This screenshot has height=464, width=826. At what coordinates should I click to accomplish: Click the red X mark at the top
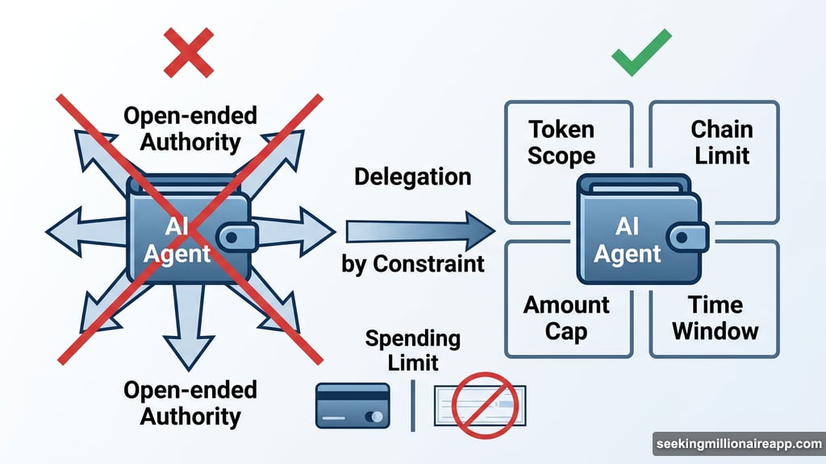[189, 52]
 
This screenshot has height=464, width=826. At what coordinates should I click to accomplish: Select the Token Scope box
[561, 142]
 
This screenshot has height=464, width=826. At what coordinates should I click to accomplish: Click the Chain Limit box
[721, 142]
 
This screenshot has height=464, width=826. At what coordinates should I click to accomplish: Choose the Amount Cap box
[565, 317]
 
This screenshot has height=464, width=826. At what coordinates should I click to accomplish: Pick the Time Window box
[715, 317]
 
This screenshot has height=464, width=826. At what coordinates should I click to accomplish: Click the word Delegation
[412, 176]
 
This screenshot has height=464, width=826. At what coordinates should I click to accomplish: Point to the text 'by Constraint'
[412, 263]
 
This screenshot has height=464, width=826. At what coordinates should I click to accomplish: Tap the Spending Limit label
[412, 350]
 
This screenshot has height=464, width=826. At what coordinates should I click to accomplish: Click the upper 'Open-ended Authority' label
[190, 129]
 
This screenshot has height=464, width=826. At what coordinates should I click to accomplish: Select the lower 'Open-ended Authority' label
[190, 403]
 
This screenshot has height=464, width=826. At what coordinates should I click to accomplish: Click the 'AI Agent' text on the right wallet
[627, 240]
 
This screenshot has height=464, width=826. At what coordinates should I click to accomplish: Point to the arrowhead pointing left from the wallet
[60, 228]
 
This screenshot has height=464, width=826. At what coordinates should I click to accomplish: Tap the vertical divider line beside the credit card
[413, 406]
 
